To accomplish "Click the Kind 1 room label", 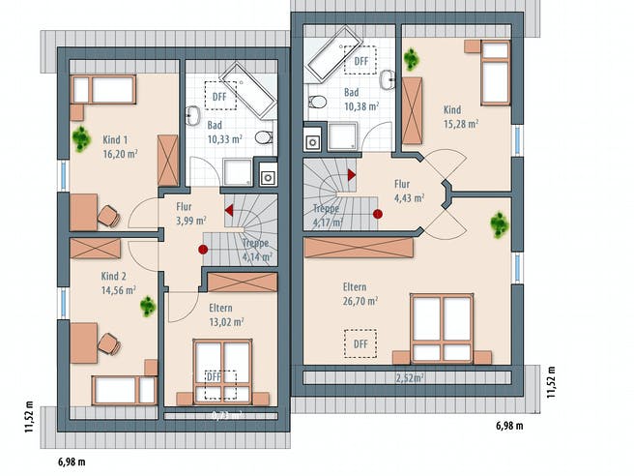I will pos(117,140).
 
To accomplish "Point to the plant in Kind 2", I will pos(147,307).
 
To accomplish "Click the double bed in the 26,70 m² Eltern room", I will pos(441,330).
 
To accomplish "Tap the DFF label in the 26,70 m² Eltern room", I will pos(360,342).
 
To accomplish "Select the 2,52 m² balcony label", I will pos(410,377).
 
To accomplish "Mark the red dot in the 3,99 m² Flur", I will pos(203,249).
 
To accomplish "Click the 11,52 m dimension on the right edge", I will pos(550,381).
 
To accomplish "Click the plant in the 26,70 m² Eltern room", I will pos(499,225).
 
